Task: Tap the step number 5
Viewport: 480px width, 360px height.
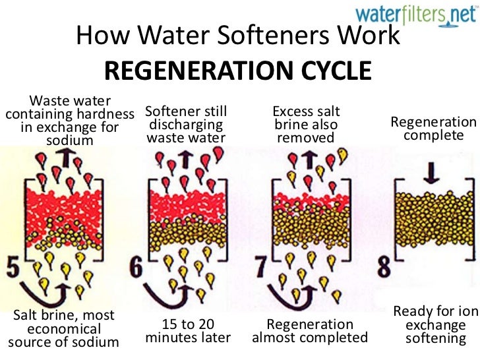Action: tap(13, 268)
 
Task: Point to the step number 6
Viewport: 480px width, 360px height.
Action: tap(137, 268)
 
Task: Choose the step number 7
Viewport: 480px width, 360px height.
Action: tap(262, 268)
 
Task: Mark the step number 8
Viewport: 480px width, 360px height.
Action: tap(386, 268)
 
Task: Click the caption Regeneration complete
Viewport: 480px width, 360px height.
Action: tap(433, 129)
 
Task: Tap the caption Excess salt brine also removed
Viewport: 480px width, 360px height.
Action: tap(306, 124)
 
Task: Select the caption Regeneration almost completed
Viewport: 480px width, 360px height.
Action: tap(309, 331)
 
